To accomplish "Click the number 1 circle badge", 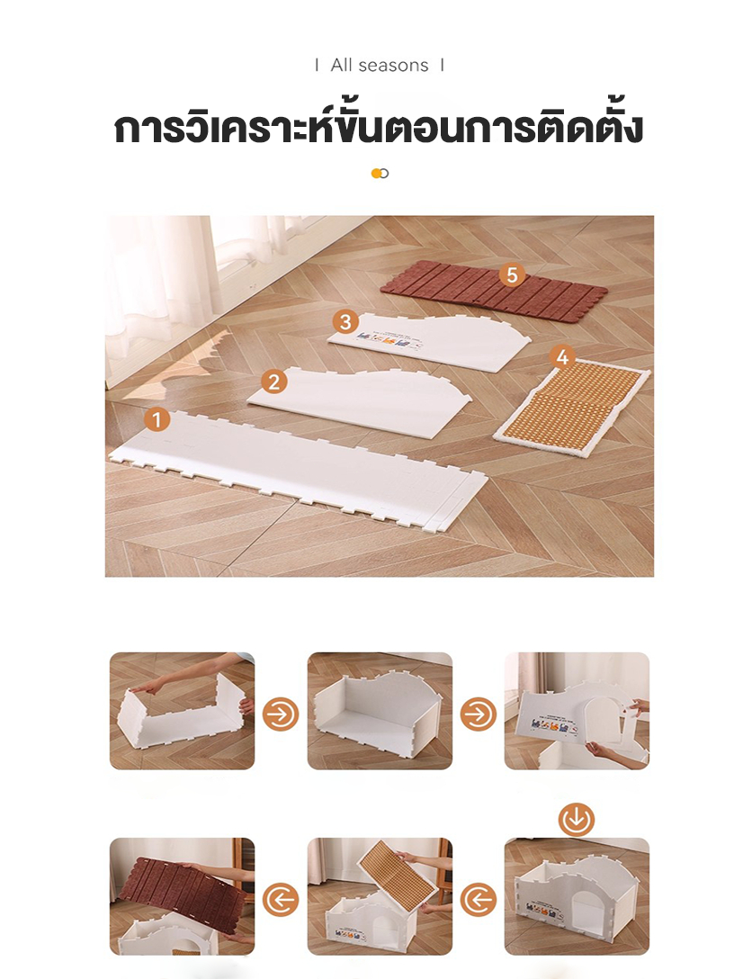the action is [x=157, y=419].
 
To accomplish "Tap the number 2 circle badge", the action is [x=274, y=382].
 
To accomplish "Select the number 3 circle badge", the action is [x=345, y=322].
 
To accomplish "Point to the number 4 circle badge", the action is [x=562, y=357].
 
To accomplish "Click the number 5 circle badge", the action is [x=513, y=274].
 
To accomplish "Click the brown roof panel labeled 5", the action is [x=493, y=292].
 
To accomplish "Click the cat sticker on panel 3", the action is [x=386, y=339].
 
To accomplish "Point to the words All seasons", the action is [x=380, y=65].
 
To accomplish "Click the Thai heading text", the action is [x=379, y=127].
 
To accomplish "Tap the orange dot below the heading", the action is [x=376, y=174].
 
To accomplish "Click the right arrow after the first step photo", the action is [x=281, y=714].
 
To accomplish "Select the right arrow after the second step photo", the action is [x=479, y=714].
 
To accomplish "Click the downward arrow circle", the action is [x=577, y=820].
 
